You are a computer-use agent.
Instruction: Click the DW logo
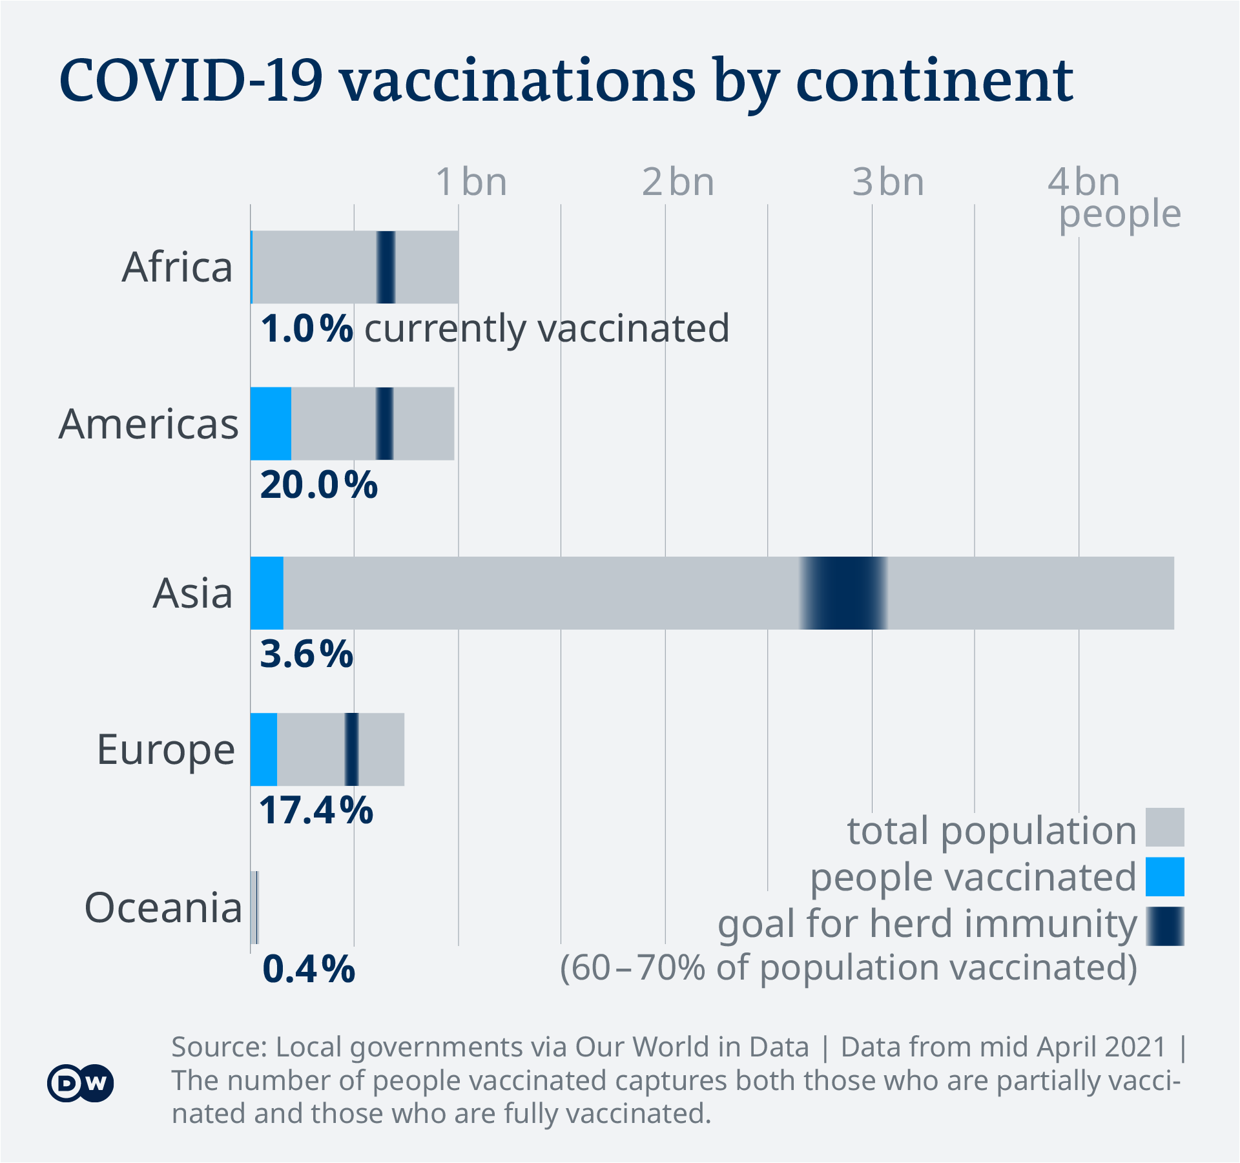click(80, 1083)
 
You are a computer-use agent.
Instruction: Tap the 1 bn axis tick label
click(471, 182)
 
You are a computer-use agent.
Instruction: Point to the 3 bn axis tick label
click(888, 182)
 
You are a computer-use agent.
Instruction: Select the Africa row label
click(177, 267)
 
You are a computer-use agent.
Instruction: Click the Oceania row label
click(163, 907)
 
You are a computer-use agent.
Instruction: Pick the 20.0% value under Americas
click(318, 485)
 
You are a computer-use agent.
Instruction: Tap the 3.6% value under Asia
click(306, 654)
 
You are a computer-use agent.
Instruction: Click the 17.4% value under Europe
click(316, 810)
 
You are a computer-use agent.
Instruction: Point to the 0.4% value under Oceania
click(309, 969)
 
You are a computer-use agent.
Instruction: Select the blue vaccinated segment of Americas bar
click(271, 424)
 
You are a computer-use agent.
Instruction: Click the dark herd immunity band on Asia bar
click(843, 593)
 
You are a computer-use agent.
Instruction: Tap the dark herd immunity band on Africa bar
click(386, 267)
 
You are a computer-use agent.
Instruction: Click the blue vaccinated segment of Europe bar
click(263, 749)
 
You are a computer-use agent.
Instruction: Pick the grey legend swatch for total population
click(1164, 827)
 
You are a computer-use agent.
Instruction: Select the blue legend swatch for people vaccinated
click(1164, 876)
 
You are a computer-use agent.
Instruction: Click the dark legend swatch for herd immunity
click(1164, 926)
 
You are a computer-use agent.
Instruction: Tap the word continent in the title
click(934, 83)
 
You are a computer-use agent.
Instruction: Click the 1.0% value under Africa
click(307, 329)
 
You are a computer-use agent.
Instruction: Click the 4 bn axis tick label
click(1083, 182)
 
